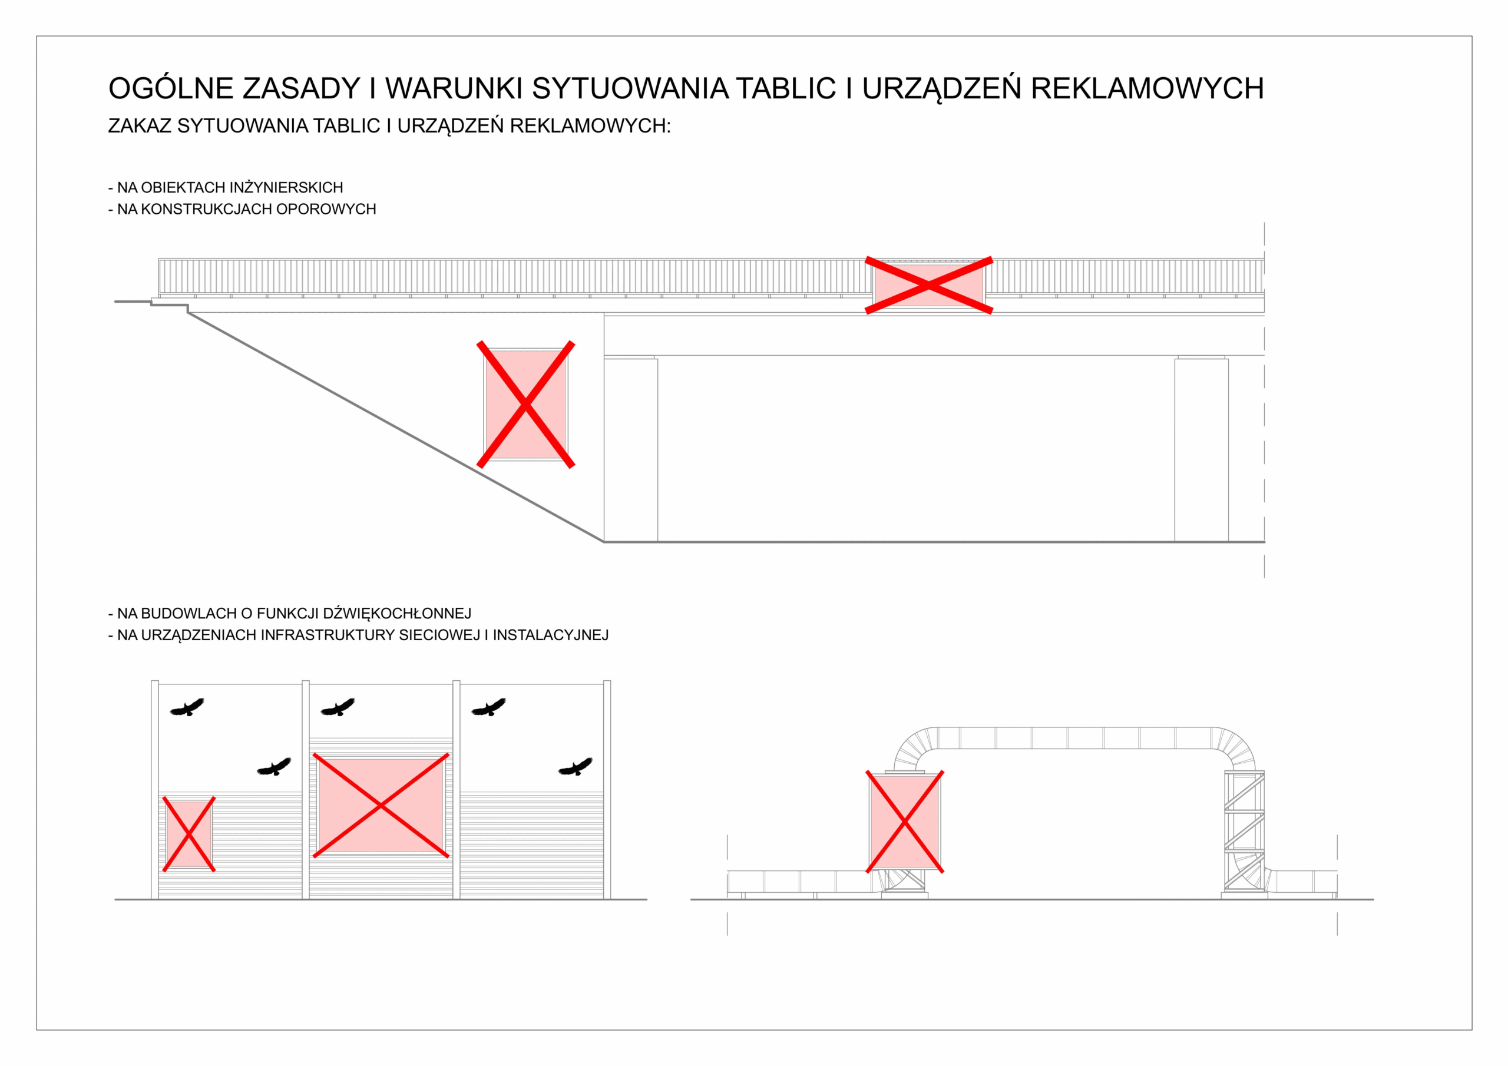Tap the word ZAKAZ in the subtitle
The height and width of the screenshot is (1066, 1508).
(x=139, y=126)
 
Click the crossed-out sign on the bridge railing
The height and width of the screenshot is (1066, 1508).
(x=929, y=285)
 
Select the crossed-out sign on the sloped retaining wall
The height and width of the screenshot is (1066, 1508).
(x=525, y=404)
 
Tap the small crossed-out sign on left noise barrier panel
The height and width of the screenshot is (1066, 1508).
(x=188, y=834)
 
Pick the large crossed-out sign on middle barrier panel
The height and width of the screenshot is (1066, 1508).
(x=381, y=805)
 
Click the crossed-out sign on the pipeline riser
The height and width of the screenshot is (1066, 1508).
(x=904, y=822)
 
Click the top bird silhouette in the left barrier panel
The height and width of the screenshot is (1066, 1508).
(x=187, y=707)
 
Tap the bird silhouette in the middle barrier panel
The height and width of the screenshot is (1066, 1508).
(x=338, y=707)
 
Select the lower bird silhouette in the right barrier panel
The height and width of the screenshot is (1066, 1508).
(x=576, y=766)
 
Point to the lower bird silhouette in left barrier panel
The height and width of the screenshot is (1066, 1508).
(x=274, y=766)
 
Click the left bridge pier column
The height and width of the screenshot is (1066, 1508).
(x=630, y=449)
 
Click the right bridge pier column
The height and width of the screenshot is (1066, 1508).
(x=1201, y=449)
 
